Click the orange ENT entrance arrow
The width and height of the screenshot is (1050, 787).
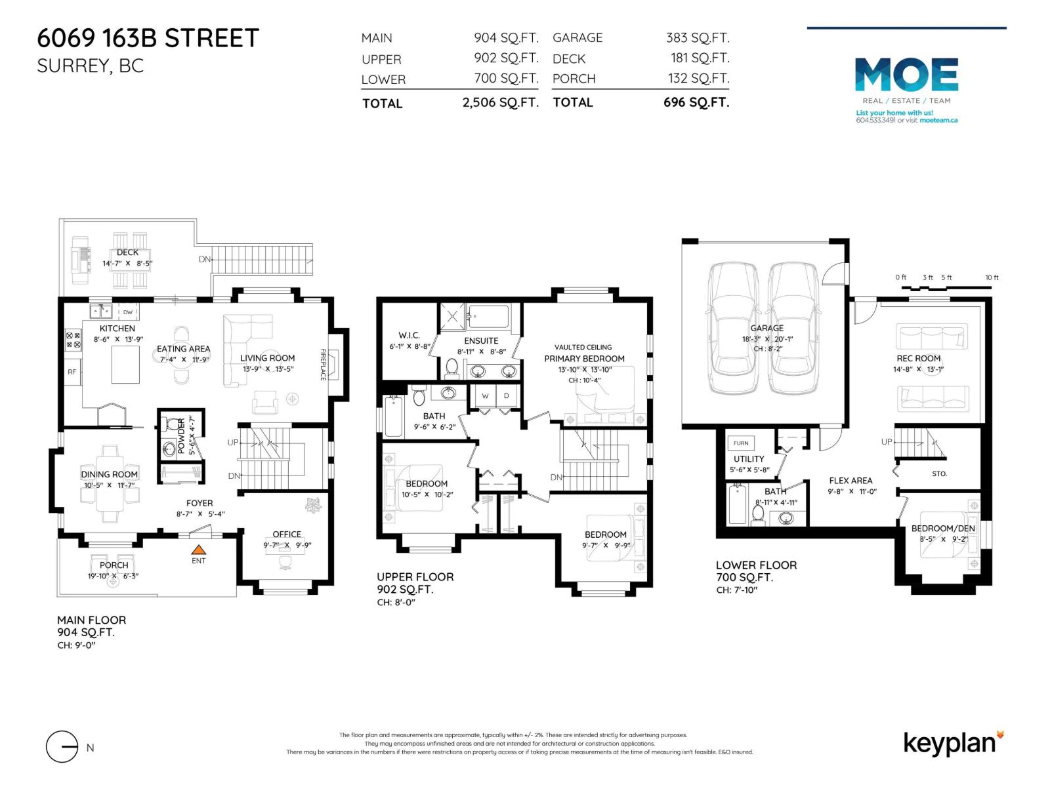(x=198, y=550)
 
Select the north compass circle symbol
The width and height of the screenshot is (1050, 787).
(x=62, y=747)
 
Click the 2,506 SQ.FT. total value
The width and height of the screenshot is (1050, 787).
(x=500, y=103)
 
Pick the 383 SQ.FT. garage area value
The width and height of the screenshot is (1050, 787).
(x=698, y=38)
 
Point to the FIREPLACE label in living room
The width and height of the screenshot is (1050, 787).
(x=323, y=364)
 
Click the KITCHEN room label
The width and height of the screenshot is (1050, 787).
(x=117, y=329)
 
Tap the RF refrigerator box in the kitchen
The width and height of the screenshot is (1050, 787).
(x=72, y=372)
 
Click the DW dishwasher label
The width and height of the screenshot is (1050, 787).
(x=128, y=312)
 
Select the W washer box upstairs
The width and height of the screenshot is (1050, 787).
(x=486, y=396)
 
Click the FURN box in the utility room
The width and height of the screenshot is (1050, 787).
(x=741, y=443)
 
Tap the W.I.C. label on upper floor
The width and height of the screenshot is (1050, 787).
(x=409, y=335)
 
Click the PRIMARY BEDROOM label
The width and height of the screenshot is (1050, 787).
(x=584, y=359)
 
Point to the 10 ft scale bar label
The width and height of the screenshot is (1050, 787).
(x=992, y=277)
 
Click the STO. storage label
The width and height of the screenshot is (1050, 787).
(x=939, y=474)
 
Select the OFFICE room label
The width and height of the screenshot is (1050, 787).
(x=287, y=535)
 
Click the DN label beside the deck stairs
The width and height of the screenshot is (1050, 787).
(x=204, y=259)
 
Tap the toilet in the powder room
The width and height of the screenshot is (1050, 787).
(x=173, y=426)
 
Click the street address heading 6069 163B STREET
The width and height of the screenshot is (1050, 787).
(x=148, y=38)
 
